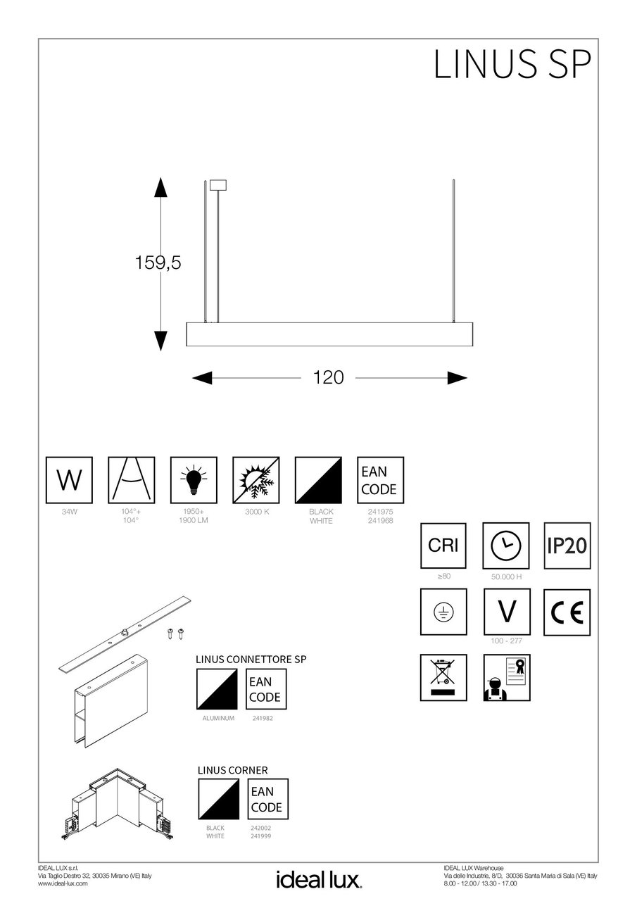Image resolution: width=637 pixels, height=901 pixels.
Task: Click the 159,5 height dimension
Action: (x=158, y=263)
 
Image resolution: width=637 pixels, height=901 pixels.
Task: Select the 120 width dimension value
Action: (x=329, y=377)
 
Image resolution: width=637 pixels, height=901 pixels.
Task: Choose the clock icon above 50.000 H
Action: (x=505, y=546)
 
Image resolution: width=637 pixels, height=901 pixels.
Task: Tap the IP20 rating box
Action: (x=567, y=546)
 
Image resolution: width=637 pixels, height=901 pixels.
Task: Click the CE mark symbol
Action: (x=567, y=612)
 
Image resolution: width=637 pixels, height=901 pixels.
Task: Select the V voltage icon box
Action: (x=505, y=612)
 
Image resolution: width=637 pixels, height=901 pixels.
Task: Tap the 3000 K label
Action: (x=256, y=512)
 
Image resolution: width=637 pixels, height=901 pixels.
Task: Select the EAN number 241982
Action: (x=263, y=718)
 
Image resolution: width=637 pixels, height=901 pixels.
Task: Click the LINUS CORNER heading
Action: (x=232, y=770)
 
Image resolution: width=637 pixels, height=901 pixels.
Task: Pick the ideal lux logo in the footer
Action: (x=318, y=879)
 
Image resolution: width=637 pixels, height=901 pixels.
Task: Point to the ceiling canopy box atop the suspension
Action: (x=217, y=184)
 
